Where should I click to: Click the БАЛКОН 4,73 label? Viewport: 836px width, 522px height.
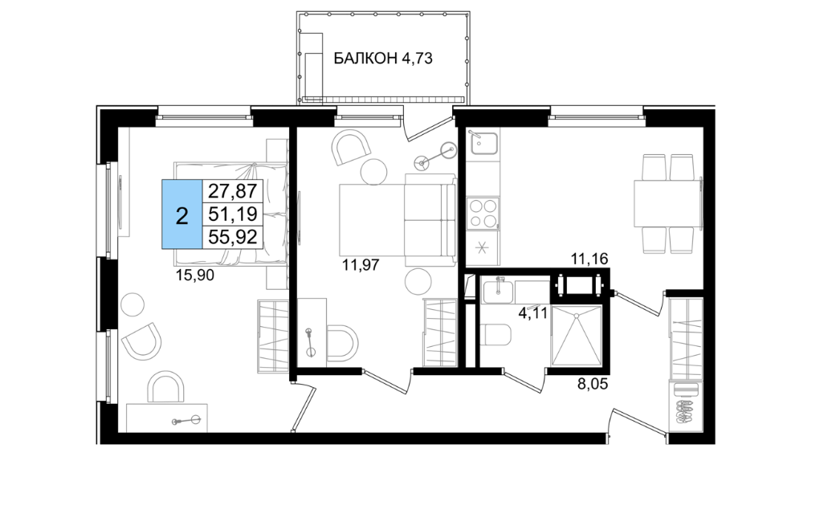(383, 58)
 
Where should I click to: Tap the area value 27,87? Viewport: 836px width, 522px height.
(232, 190)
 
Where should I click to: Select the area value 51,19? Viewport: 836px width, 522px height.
(232, 214)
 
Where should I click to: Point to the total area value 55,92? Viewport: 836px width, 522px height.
(232, 237)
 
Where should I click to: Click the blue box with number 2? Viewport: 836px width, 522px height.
(182, 214)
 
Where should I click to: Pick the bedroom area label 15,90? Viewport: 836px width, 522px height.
(194, 275)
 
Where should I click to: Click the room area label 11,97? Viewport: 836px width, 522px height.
(361, 264)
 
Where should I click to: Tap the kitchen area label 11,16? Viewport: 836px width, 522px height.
(589, 259)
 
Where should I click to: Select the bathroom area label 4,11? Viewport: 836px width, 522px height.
(532, 312)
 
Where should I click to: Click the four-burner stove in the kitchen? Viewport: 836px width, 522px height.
(483, 213)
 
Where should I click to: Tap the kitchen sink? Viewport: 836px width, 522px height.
(483, 142)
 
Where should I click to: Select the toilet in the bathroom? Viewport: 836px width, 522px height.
(495, 335)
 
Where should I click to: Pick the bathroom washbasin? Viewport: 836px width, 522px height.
(497, 292)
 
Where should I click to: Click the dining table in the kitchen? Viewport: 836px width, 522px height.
(667, 204)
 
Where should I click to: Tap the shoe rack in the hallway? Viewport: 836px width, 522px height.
(685, 404)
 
